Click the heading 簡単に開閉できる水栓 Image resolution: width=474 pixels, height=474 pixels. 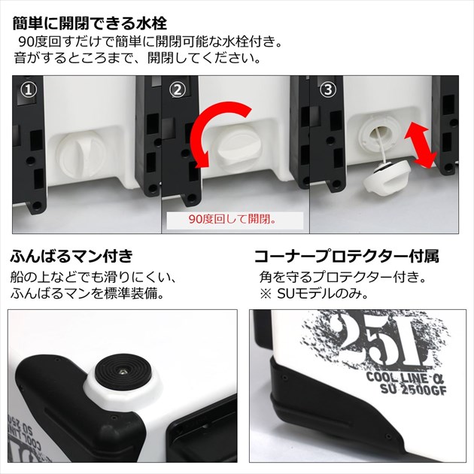pos(90,23)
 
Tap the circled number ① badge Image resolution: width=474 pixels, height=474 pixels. pos(29,90)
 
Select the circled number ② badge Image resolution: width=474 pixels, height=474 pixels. pos(177,90)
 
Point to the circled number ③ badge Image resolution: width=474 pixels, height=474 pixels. pos(328,90)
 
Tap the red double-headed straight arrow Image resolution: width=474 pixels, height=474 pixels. pos(421,147)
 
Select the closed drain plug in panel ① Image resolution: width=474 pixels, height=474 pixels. pos(81,154)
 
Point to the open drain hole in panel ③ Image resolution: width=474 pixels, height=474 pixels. pos(380,133)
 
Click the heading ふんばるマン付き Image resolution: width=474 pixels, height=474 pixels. pos(71,256)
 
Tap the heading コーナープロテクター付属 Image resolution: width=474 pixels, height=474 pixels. pos(347,257)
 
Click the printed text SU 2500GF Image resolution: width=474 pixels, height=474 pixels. pos(413,390)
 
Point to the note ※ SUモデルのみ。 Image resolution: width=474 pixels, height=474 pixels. pos(314,294)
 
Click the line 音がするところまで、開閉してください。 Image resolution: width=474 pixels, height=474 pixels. pos(137,57)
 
